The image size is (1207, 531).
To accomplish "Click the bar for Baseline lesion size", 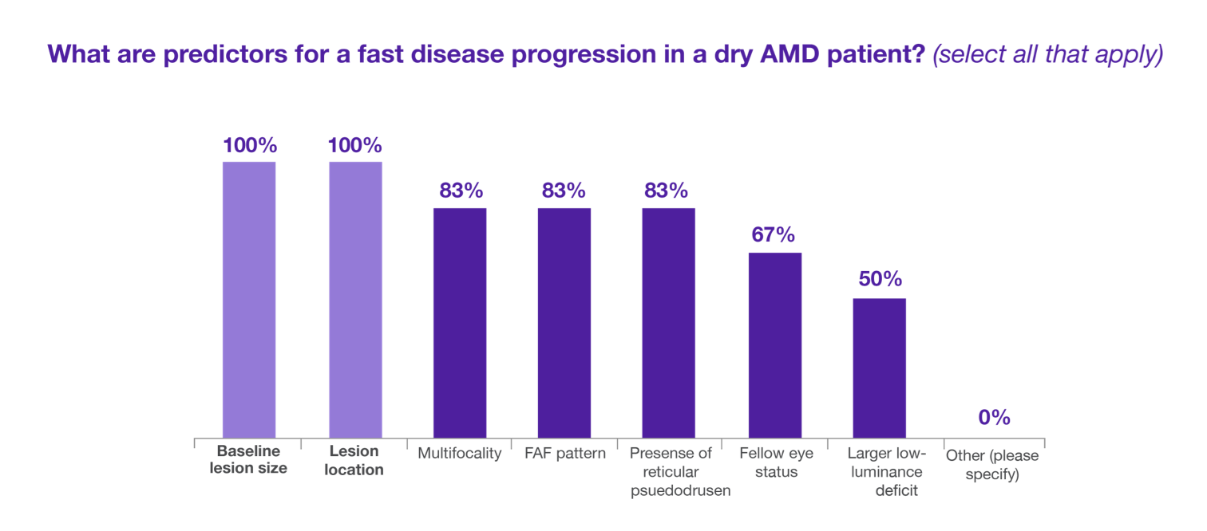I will pyautogui.click(x=249, y=299).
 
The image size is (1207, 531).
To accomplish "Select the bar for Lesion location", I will pyautogui.click(x=355, y=299).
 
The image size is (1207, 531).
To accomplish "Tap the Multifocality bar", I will pyautogui.click(x=460, y=322).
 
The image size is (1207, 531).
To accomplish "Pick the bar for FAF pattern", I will pyautogui.click(x=564, y=322).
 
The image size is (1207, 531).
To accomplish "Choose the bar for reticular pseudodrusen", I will pyautogui.click(x=669, y=322).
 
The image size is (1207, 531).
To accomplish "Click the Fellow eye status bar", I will pyautogui.click(x=774, y=344).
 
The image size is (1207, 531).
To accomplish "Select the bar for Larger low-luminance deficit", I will pyautogui.click(x=879, y=368).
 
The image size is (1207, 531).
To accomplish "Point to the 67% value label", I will pyautogui.click(x=774, y=235).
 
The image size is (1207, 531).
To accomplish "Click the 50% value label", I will pyautogui.click(x=880, y=280).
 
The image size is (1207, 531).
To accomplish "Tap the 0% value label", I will pyautogui.click(x=994, y=418).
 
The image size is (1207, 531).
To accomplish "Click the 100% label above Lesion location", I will pyautogui.click(x=355, y=146).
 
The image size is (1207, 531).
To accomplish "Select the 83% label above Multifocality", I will pyautogui.click(x=461, y=191).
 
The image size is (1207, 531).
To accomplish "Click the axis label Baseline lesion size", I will pyautogui.click(x=248, y=460).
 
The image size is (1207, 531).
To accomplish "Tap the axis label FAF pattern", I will pyautogui.click(x=565, y=454).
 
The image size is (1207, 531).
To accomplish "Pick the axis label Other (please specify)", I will pyautogui.click(x=992, y=463).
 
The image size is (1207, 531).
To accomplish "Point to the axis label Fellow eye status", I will pyautogui.click(x=776, y=462).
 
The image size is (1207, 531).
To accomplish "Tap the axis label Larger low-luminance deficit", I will pyautogui.click(x=886, y=472).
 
